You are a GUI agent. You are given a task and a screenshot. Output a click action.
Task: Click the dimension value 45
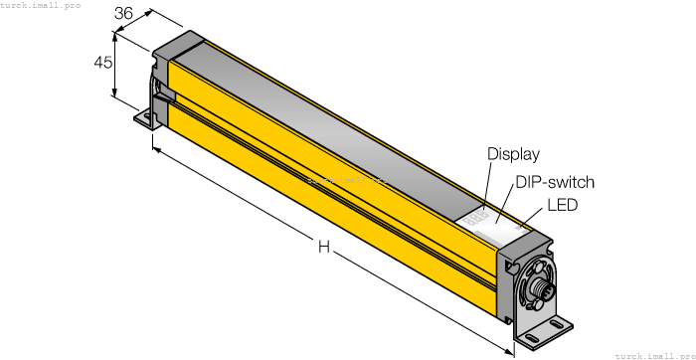[x=102, y=62]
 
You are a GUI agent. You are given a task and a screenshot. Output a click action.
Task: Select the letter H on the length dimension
[x=323, y=247]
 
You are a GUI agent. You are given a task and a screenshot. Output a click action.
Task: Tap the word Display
[x=513, y=154]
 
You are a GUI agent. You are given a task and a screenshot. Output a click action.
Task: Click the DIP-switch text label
[x=554, y=182]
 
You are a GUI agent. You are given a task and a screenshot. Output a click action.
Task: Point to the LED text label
[x=562, y=205]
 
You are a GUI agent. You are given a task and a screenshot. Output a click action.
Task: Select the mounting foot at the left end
[x=147, y=117]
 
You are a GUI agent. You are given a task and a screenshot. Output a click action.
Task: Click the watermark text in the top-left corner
[x=40, y=5]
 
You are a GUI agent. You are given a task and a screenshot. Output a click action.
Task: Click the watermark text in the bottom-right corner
[x=654, y=354]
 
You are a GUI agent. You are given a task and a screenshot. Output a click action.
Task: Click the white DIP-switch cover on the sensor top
[x=497, y=230]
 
